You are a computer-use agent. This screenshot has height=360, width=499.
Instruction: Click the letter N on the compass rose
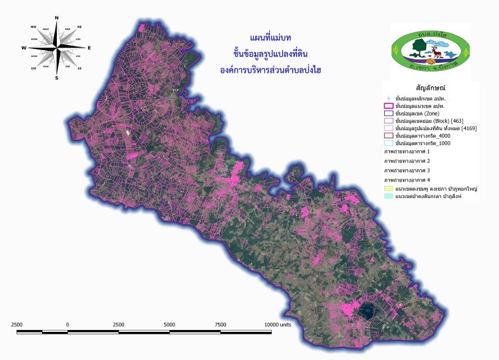click(x=57, y=17)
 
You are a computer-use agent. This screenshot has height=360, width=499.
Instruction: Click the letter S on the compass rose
click(x=57, y=78)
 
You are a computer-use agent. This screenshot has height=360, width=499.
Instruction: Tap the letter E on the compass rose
click(x=89, y=47)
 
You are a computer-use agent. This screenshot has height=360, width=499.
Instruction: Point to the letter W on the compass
click(x=24, y=47)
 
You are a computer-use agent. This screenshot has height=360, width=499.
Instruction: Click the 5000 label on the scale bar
click(x=169, y=324)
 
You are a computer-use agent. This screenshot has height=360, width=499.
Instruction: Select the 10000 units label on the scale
click(x=278, y=324)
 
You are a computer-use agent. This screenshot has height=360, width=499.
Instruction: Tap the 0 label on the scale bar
click(x=67, y=324)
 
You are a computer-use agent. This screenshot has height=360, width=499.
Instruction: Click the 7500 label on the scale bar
click(x=220, y=324)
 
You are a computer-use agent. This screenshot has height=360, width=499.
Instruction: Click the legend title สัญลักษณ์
click(x=428, y=88)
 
